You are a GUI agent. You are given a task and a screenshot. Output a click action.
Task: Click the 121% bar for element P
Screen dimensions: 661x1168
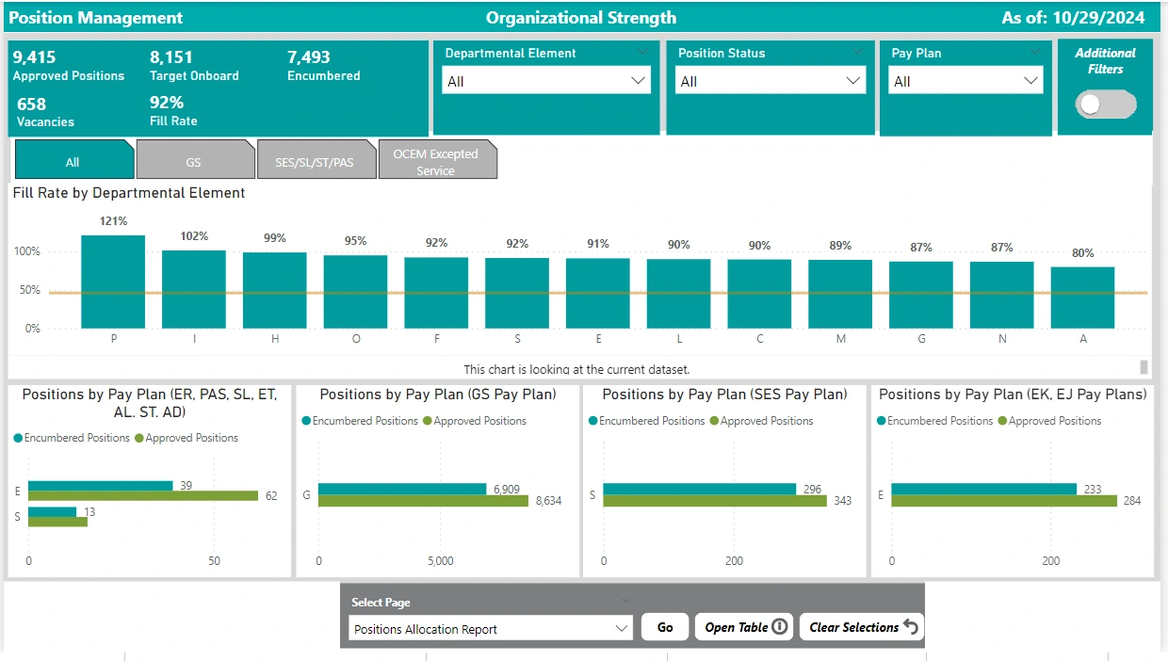tap(113, 282)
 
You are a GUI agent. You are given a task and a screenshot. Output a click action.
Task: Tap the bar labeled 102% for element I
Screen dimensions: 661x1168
tap(194, 289)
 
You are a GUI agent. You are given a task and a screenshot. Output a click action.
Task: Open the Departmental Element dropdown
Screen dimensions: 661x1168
tap(546, 82)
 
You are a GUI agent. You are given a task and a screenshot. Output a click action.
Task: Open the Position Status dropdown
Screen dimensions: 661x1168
tap(771, 82)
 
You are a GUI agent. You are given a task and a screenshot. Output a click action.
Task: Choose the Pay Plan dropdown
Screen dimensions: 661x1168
tap(965, 82)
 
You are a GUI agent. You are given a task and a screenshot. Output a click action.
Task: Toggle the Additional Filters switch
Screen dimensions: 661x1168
tap(1107, 105)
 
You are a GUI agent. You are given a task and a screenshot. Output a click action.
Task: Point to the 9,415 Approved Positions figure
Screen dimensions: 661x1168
tap(36, 57)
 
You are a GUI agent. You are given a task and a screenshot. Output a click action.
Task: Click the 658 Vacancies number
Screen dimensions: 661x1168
tap(31, 104)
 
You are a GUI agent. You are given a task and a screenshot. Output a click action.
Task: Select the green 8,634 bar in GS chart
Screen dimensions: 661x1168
tap(423, 501)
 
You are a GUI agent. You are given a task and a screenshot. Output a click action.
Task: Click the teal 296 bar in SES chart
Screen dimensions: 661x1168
tap(699, 489)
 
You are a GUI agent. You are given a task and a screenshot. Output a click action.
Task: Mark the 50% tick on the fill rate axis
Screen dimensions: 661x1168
tap(27, 290)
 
